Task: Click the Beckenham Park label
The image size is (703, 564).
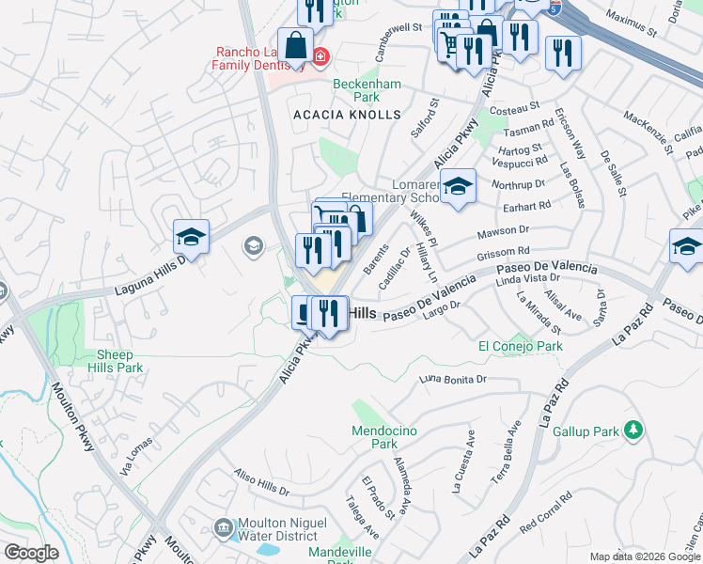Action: (367, 90)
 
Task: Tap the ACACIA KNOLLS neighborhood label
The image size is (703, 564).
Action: (347, 115)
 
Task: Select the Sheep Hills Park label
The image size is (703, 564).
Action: (120, 362)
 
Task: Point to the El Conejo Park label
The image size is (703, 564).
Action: (520, 347)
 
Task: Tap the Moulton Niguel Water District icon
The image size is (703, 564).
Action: (223, 526)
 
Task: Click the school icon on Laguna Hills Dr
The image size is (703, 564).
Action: (191, 236)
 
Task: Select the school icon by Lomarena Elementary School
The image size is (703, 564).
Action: (458, 186)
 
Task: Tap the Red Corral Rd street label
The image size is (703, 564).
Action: (546, 509)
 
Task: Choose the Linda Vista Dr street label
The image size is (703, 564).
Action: (527, 278)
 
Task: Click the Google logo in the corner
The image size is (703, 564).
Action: (31, 553)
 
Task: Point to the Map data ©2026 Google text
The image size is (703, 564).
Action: (646, 556)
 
